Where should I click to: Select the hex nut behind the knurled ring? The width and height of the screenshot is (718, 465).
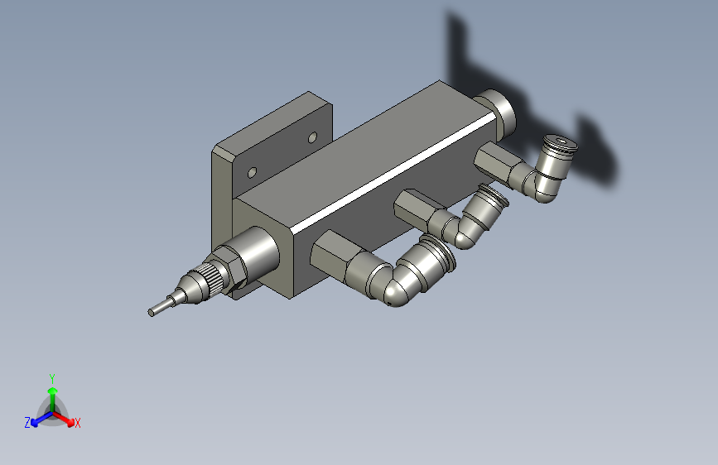pyautogui.click(x=230, y=270)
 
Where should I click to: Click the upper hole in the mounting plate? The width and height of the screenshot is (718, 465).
pyautogui.click(x=312, y=137)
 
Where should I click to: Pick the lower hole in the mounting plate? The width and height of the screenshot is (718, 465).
pyautogui.click(x=252, y=173)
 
